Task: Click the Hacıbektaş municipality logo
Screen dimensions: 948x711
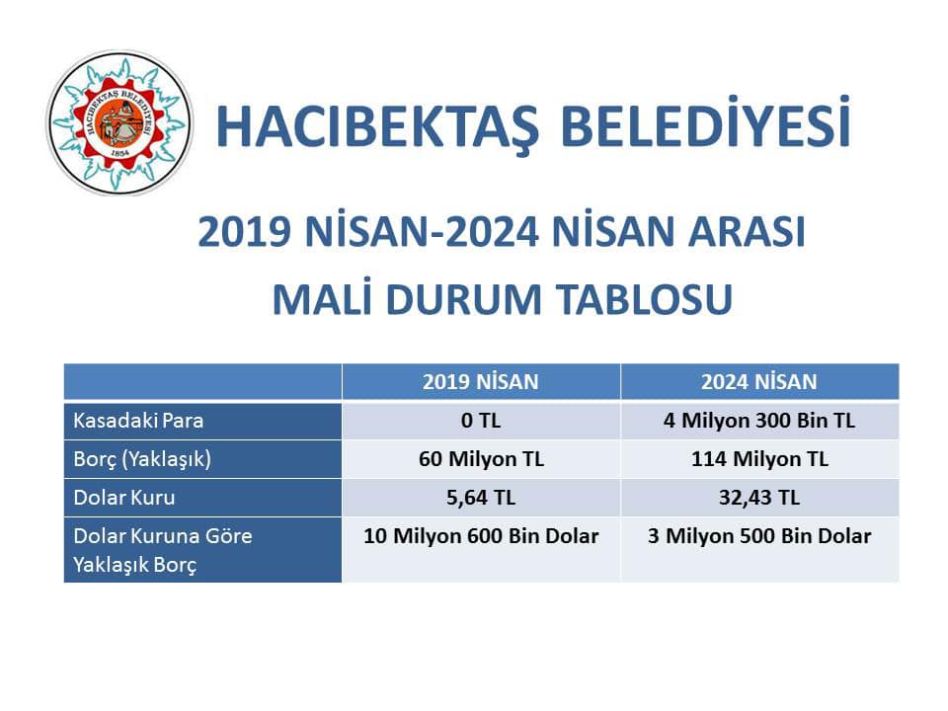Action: click(119, 122)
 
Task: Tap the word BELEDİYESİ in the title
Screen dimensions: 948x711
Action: click(705, 121)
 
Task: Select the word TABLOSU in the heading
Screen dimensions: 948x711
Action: click(645, 299)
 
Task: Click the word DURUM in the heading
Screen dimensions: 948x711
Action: click(463, 299)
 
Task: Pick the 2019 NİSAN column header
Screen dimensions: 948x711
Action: click(481, 382)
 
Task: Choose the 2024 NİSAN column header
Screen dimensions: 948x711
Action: click(759, 382)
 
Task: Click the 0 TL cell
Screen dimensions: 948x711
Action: click(481, 421)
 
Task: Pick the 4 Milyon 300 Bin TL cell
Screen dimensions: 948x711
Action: click(759, 421)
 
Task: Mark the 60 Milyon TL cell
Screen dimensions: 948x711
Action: click(481, 459)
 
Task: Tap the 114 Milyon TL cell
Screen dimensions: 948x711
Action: click(759, 459)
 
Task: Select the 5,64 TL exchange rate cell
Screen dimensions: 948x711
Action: click(481, 498)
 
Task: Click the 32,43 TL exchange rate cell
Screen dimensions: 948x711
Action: click(759, 498)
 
